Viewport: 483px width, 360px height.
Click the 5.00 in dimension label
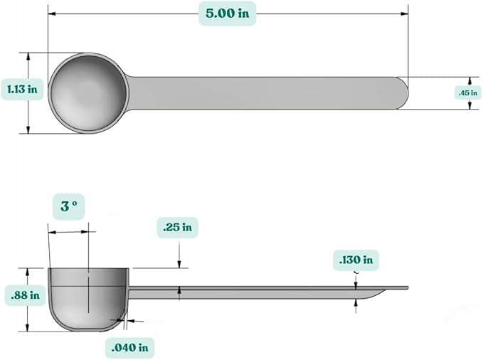[227, 14]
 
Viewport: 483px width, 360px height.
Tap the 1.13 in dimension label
[22, 89]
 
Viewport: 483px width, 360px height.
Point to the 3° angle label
[68, 207]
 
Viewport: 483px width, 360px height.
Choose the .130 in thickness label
[356, 260]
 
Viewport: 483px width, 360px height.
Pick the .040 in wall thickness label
[130, 347]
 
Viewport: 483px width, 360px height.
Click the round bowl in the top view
[87, 92]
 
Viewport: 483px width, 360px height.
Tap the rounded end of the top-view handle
[402, 93]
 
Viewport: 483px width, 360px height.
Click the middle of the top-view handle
[263, 93]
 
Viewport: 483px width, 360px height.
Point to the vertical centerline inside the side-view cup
[87, 292]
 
